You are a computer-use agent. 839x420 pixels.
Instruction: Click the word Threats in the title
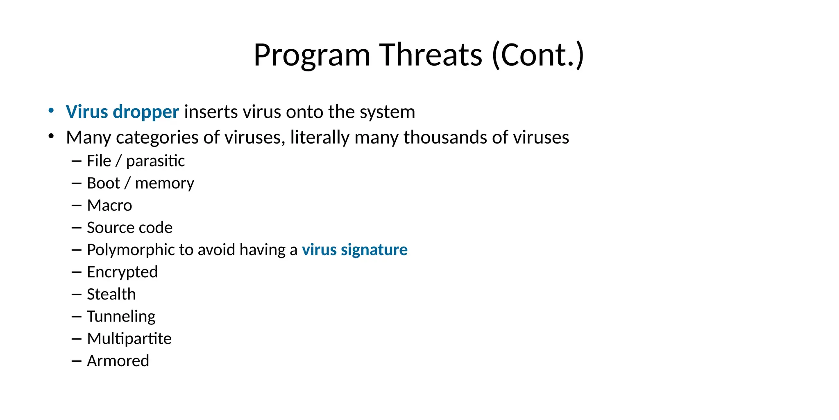coord(431,55)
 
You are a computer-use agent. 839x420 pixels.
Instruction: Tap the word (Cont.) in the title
coord(537,55)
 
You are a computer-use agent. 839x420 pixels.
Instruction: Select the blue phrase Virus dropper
coord(122,112)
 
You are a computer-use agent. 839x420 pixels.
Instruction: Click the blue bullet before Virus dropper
coord(51,111)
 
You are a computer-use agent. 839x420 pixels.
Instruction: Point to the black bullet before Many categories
coord(51,136)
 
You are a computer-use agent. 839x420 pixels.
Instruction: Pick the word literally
coord(320,137)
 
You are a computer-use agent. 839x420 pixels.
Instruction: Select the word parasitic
coord(155,161)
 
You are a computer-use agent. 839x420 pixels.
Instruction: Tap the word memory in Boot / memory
coord(164,183)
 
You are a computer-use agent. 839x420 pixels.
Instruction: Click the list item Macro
coord(109,205)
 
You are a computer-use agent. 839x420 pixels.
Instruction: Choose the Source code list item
coord(129,228)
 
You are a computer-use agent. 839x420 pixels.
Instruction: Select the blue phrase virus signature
coord(354,250)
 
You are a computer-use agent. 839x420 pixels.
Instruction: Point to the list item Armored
coord(118,361)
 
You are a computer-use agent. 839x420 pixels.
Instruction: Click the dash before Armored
coord(76,361)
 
